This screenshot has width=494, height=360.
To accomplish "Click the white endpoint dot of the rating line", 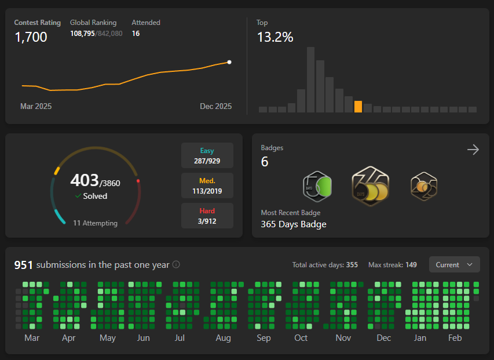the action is [229, 62].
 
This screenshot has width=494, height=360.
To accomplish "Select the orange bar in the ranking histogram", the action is [358, 107].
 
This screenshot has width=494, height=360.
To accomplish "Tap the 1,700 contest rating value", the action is [31, 37].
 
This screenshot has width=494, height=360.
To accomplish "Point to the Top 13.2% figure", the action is [275, 37].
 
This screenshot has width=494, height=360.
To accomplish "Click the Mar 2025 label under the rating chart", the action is [36, 106].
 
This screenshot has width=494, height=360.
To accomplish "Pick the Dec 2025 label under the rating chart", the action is [216, 106].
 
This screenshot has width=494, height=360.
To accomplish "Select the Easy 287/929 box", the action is [207, 155].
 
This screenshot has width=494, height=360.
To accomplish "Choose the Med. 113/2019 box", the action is [207, 186].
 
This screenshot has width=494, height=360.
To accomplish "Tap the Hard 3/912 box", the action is [207, 216].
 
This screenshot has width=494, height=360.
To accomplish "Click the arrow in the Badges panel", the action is [473, 150].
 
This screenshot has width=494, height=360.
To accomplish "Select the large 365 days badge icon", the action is [371, 186].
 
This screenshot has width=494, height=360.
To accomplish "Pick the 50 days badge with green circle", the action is [317, 187].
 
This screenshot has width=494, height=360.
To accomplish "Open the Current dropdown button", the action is [454, 264].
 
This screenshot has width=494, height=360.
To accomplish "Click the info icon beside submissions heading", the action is [176, 264].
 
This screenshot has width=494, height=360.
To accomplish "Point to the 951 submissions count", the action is [23, 265].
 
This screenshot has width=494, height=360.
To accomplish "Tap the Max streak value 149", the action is [411, 265].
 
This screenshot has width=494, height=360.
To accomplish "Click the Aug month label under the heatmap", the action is [224, 338].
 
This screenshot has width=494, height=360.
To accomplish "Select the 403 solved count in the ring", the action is [85, 180].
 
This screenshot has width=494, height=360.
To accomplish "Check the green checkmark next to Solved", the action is [78, 196].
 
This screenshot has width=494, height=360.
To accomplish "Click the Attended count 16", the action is [136, 34].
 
